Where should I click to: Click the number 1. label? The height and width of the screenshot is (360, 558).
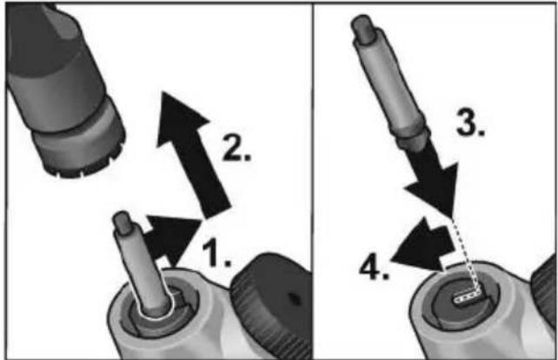pyautogui.click(x=216, y=254)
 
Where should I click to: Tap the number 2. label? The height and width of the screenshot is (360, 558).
pyautogui.click(x=236, y=148)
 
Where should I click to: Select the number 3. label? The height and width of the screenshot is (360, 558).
pyautogui.click(x=470, y=123)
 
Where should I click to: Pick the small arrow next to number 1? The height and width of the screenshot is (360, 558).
pyautogui.click(x=171, y=239)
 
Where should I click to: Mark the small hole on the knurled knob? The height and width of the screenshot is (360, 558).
pyautogui.click(x=294, y=298)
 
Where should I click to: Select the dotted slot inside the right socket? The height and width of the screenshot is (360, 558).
pyautogui.click(x=468, y=297)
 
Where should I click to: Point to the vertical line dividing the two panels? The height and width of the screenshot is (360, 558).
pyautogui.click(x=313, y=181)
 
